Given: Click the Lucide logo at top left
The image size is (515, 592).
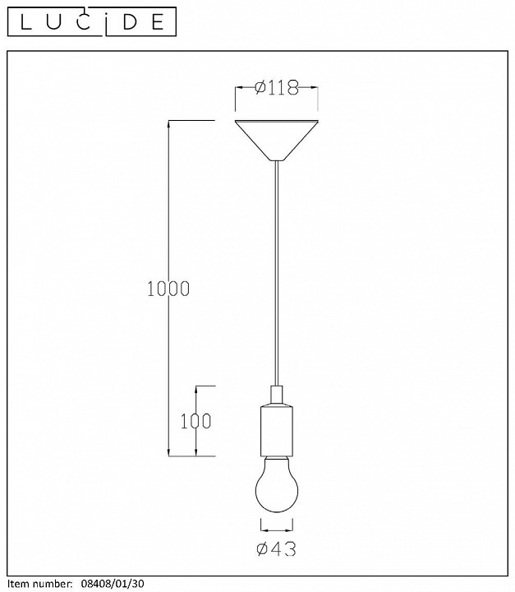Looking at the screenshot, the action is (92, 21).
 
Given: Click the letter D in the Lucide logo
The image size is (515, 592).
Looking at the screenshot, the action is (131, 22).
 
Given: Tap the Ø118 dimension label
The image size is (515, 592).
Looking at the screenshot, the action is (277, 88).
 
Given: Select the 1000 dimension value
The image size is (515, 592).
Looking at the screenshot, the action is (168, 289).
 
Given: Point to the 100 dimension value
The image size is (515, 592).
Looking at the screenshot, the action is (195, 421).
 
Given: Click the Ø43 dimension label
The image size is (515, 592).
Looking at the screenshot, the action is (277, 548).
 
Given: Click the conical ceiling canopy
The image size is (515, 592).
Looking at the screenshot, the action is (277, 141).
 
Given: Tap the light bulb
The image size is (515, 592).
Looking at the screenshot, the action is (277, 484).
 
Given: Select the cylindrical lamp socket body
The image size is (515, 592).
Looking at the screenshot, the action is (277, 430).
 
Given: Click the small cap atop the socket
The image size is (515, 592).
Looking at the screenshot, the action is (277, 395).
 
